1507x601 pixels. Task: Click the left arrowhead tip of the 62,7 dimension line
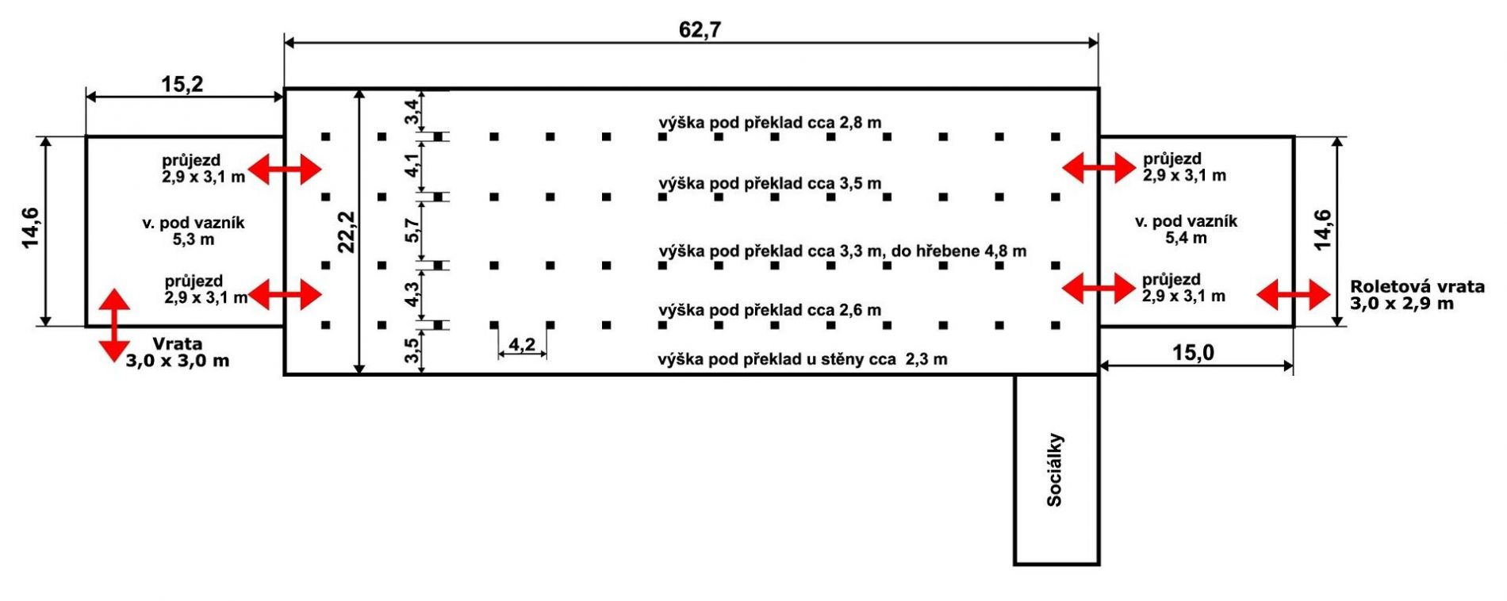tap(285, 41)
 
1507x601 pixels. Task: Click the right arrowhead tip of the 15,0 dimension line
tap(1294, 366)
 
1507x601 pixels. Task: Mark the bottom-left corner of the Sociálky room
tap(1015, 564)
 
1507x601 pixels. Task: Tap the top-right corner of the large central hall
tap(1099, 89)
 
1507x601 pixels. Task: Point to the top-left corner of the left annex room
tap(86, 137)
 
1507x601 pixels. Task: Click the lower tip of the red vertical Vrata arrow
tap(114, 362)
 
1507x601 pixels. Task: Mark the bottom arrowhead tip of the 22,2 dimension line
tap(359, 373)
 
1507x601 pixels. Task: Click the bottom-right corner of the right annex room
tap(1294, 326)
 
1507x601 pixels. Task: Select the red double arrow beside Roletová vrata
tap(1294, 295)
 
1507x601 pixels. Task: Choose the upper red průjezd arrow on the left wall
tap(285, 169)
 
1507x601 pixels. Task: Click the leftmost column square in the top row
tap(325, 137)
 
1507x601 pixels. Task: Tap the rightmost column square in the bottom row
tap(1056, 325)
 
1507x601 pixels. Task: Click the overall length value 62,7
tap(700, 30)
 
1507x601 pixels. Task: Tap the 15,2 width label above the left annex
tap(182, 84)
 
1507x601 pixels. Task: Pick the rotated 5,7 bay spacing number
tap(412, 231)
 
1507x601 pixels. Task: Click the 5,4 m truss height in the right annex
tap(1186, 238)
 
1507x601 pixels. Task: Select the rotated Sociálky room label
tap(1055, 470)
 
